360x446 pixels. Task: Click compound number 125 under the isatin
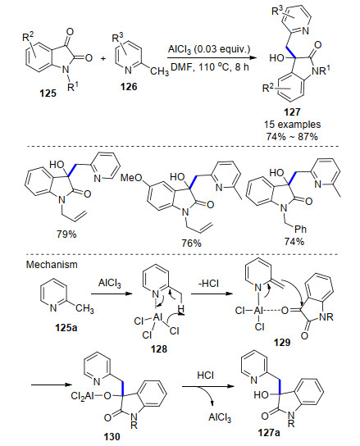[48, 93]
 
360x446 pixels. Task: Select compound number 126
[129, 86]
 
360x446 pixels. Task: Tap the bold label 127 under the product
[292, 112]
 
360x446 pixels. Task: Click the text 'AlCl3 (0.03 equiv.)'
[209, 49]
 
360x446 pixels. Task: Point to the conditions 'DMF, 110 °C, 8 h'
[210, 67]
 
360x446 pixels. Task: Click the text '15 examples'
[292, 125]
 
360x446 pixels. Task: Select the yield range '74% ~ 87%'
[292, 137]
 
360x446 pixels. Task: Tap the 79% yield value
[66, 234]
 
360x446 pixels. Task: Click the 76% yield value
[192, 243]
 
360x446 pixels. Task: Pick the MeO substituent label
[131, 178]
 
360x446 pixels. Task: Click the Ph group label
[300, 229]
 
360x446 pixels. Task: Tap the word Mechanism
[52, 265]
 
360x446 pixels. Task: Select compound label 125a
[66, 328]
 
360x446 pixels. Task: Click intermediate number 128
[159, 348]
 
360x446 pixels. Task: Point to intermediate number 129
[282, 342]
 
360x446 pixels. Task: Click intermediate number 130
[112, 436]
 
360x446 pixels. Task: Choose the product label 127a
[269, 433]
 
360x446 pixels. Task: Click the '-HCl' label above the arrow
[208, 284]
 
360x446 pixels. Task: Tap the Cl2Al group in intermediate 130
[82, 396]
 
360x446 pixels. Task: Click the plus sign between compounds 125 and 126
[103, 58]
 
